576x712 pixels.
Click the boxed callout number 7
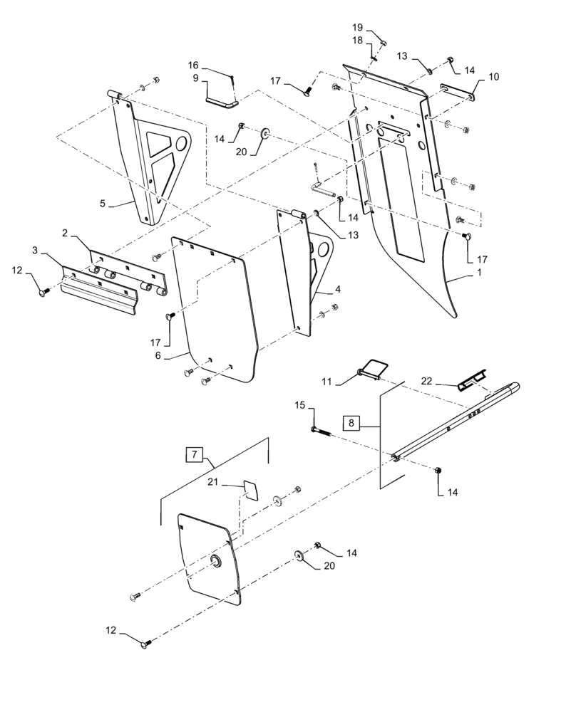(194, 454)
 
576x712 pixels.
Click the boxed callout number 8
(351, 424)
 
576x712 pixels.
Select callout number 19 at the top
(358, 27)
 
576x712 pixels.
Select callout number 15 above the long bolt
(300, 405)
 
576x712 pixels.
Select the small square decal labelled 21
(250, 490)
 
